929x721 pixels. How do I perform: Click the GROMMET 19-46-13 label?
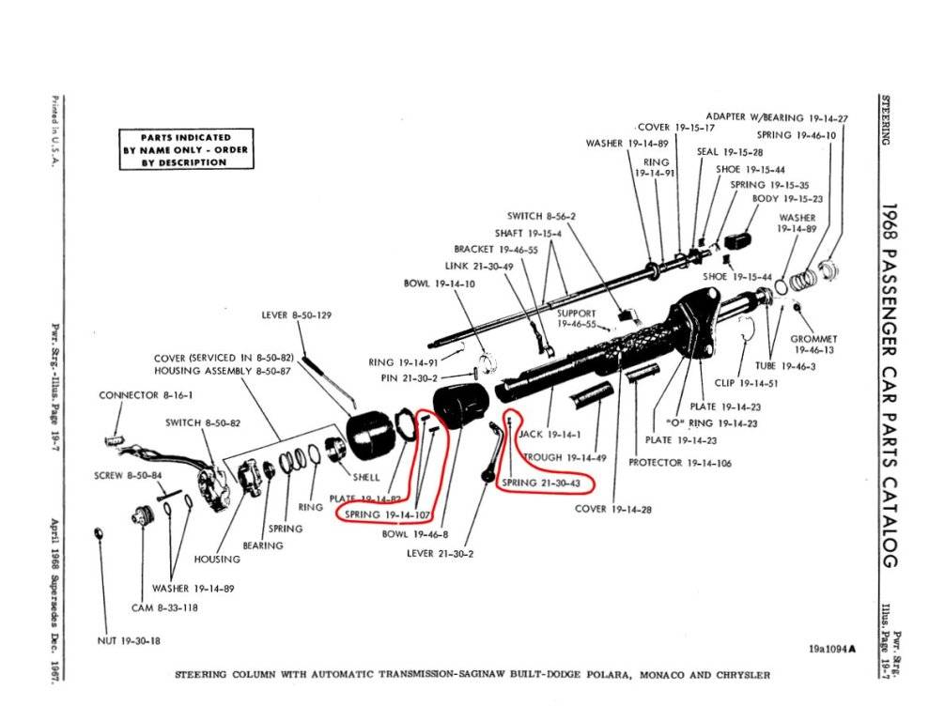pyautogui.click(x=813, y=344)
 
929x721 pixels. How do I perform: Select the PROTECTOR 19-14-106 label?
pyautogui.click(x=679, y=463)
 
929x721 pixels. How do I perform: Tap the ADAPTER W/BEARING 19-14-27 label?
pyautogui.click(x=777, y=118)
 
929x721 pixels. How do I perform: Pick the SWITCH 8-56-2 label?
pyautogui.click(x=541, y=216)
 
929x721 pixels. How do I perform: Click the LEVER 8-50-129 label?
pyautogui.click(x=297, y=315)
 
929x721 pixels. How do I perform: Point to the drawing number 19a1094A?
pyautogui.click(x=832, y=648)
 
